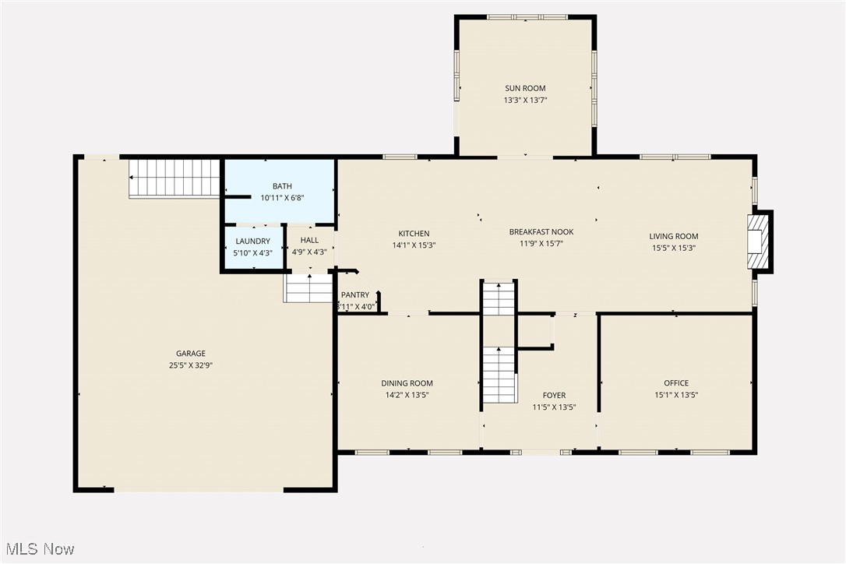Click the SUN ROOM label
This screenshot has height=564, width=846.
(525, 89)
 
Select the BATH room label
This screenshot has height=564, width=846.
(282, 186)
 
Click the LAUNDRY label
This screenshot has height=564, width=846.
(253, 241)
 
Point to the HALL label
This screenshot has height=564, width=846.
(309, 241)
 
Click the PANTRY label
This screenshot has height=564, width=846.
(355, 295)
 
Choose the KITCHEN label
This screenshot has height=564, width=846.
(414, 234)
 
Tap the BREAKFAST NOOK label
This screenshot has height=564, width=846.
(541, 232)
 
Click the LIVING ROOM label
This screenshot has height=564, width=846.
(674, 237)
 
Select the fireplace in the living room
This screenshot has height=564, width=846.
(757, 241)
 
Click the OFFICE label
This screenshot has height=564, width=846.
(676, 383)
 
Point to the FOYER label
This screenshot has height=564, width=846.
(554, 396)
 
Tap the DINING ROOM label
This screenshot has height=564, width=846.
(407, 383)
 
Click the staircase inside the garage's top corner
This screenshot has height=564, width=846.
(174, 178)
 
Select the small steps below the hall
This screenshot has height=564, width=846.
(308, 288)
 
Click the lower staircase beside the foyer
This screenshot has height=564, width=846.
(499, 375)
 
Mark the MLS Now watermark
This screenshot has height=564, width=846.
(38, 549)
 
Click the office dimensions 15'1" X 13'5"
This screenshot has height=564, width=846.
(676, 395)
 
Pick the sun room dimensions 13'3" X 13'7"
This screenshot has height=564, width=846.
(525, 100)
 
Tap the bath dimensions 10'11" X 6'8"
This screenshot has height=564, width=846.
(282, 198)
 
